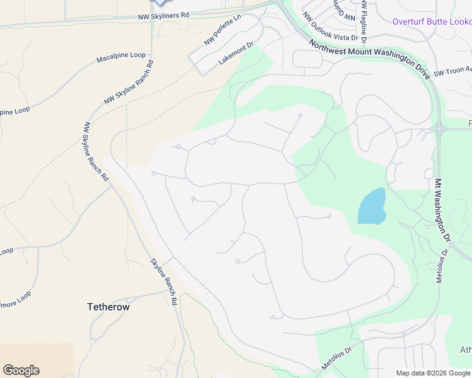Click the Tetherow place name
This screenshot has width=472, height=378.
pos(108,307)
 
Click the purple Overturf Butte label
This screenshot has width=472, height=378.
pos(432,21)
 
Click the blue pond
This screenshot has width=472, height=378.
pos(372,207)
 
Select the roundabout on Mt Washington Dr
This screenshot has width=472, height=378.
pos(439,129)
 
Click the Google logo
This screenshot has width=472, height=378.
pos(21,370)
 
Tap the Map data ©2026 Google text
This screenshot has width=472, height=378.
pos(433,373)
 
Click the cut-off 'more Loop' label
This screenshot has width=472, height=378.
pos(15,294)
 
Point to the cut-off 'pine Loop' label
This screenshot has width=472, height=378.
pos(15,111)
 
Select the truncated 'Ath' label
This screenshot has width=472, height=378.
pos(466,350)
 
